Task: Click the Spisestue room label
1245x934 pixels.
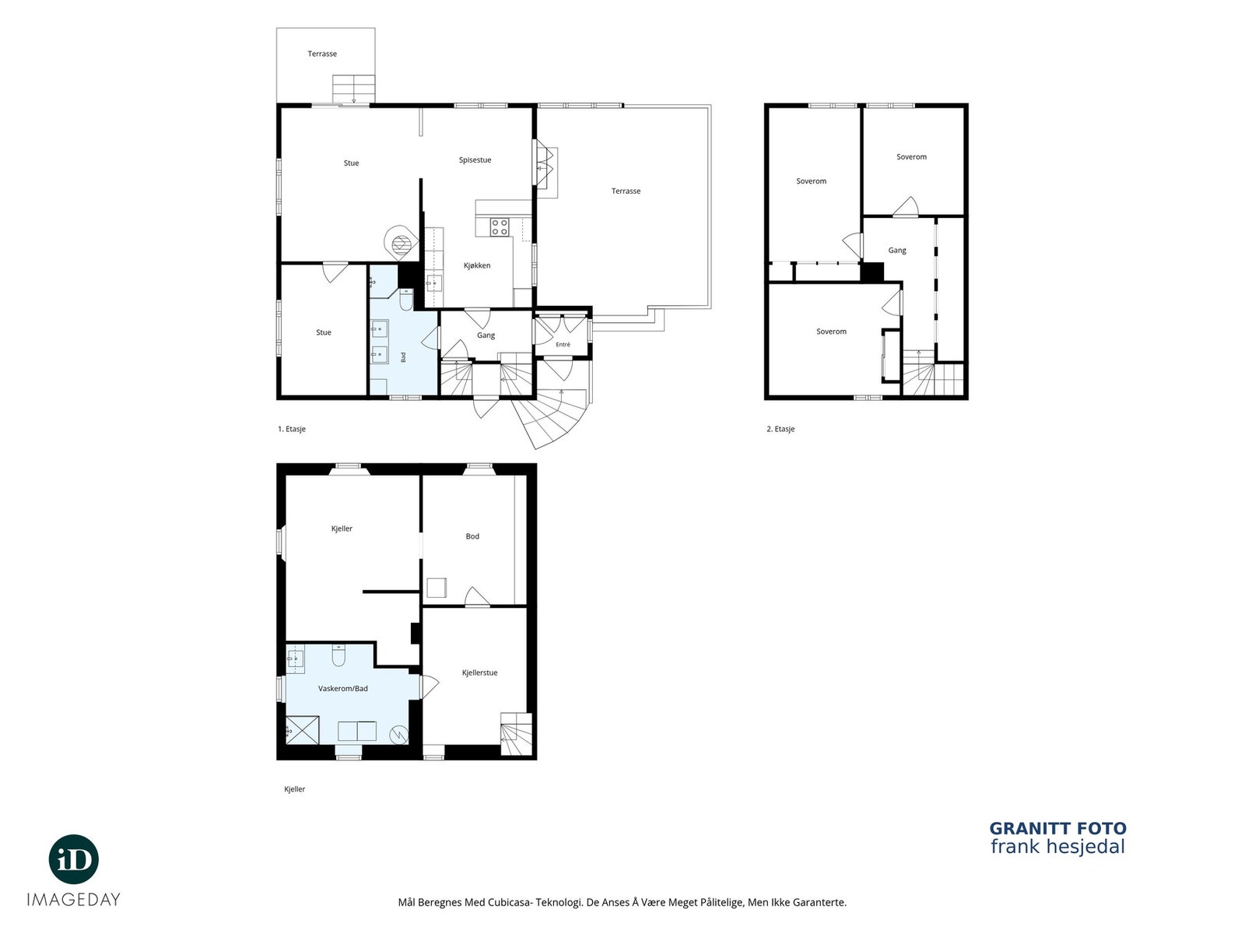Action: point(475,160)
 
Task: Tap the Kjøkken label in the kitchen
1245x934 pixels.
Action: point(476,265)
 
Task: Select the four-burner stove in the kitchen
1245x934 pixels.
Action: point(500,226)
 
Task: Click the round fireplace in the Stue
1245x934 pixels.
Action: point(402,243)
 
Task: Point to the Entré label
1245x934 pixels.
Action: point(563,344)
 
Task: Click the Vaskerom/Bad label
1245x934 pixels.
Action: point(342,689)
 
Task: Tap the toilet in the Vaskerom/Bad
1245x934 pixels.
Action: point(338,655)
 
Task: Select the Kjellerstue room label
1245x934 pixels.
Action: point(479,672)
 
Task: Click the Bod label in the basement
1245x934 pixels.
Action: point(472,536)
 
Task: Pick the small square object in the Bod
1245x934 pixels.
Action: point(437,587)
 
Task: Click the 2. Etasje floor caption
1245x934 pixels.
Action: point(780,430)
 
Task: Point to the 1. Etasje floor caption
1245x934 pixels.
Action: point(292,430)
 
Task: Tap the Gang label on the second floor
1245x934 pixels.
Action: point(896,251)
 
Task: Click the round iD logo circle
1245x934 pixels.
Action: point(74,860)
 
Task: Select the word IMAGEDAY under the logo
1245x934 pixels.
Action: point(74,900)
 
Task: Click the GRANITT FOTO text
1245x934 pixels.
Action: point(1057,828)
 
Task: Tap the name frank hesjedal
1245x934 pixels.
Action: point(1057,848)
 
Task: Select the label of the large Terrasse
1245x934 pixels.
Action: point(626,191)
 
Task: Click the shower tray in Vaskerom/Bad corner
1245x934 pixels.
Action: point(302,729)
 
